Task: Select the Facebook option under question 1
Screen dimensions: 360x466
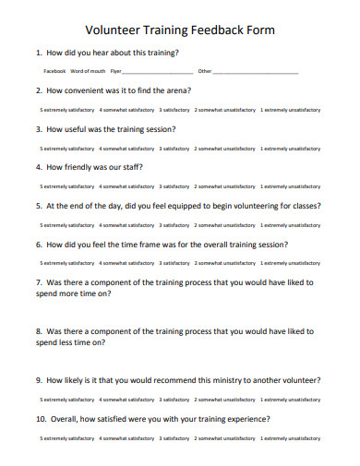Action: click(x=54, y=71)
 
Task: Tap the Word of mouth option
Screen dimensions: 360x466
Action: click(x=88, y=71)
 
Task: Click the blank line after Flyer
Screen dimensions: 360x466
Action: click(x=158, y=72)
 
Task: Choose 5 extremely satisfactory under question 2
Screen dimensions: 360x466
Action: click(x=66, y=110)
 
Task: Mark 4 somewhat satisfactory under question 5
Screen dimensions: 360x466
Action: click(x=126, y=225)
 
